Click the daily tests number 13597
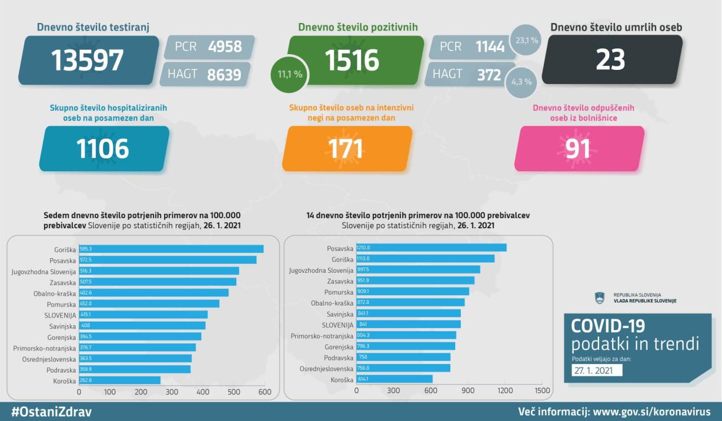coord(87,60)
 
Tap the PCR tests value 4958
coord(224,46)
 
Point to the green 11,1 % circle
coord(289,74)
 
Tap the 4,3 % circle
coord(521,81)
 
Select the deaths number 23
coord(610,60)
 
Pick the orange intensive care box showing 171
coord(346,149)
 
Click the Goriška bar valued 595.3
coord(171,249)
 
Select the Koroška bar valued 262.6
coord(119,380)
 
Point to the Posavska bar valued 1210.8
coord(431,248)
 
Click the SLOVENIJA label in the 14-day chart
coord(337,325)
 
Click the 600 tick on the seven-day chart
coord(264,392)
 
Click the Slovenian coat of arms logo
coord(600,298)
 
